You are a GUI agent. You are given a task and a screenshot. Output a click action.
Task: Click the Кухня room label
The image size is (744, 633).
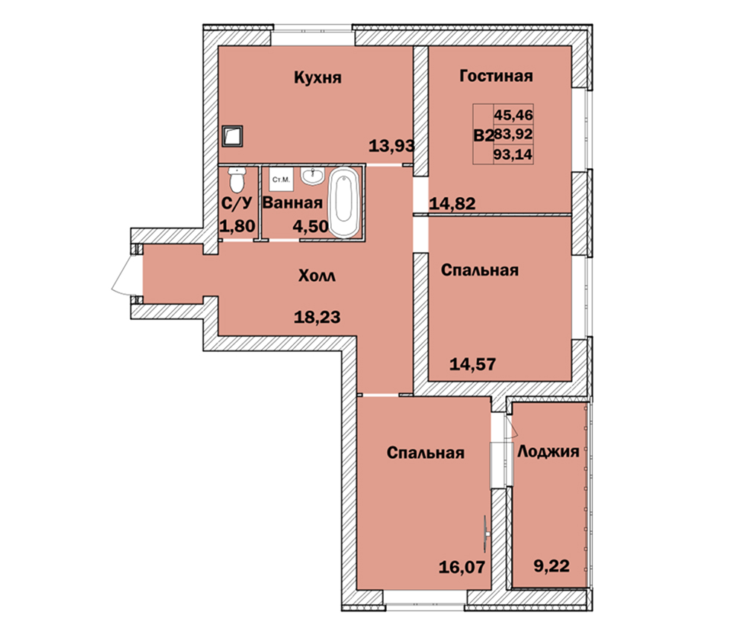pyautogui.click(x=318, y=77)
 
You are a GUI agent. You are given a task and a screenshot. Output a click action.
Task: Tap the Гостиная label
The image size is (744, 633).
pyautogui.click(x=496, y=76)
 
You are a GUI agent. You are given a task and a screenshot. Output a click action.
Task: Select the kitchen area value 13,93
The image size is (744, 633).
pyautogui.click(x=391, y=146)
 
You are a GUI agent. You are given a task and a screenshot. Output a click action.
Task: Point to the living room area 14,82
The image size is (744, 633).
pyautogui.click(x=452, y=204)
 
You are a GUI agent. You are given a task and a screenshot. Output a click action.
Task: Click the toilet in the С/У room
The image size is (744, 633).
pyautogui.click(x=236, y=179)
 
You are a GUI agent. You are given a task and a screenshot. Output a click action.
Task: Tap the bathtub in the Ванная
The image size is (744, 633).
pyautogui.click(x=344, y=202)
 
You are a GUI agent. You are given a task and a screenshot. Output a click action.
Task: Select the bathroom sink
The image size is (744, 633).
pyautogui.click(x=312, y=176)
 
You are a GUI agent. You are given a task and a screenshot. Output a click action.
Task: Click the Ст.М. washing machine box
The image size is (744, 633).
pyautogui.click(x=281, y=180)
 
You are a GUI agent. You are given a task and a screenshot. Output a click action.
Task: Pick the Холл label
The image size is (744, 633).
pyautogui.click(x=316, y=276)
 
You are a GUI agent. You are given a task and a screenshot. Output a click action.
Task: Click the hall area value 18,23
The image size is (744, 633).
pyautogui.click(x=317, y=317)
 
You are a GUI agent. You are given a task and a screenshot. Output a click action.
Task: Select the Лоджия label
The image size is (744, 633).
pyautogui.click(x=548, y=452)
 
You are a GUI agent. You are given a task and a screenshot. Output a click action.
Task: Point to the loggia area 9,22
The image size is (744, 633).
pyautogui.click(x=551, y=565)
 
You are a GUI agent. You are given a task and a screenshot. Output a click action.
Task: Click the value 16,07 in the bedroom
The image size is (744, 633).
pyautogui.click(x=462, y=567)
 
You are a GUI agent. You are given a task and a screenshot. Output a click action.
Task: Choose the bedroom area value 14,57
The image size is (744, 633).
pyautogui.click(x=472, y=364)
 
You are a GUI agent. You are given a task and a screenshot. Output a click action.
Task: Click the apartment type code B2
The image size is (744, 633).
pyautogui.click(x=483, y=135)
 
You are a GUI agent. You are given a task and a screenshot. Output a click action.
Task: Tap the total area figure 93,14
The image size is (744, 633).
pyautogui.click(x=513, y=154)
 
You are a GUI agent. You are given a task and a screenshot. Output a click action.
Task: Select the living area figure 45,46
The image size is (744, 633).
pyautogui.click(x=513, y=115)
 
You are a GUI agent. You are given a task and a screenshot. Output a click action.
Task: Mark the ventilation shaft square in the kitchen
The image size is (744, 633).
pyautogui.click(x=232, y=136)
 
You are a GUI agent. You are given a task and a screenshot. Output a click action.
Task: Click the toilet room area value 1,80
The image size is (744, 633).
pyautogui.click(x=237, y=226)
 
